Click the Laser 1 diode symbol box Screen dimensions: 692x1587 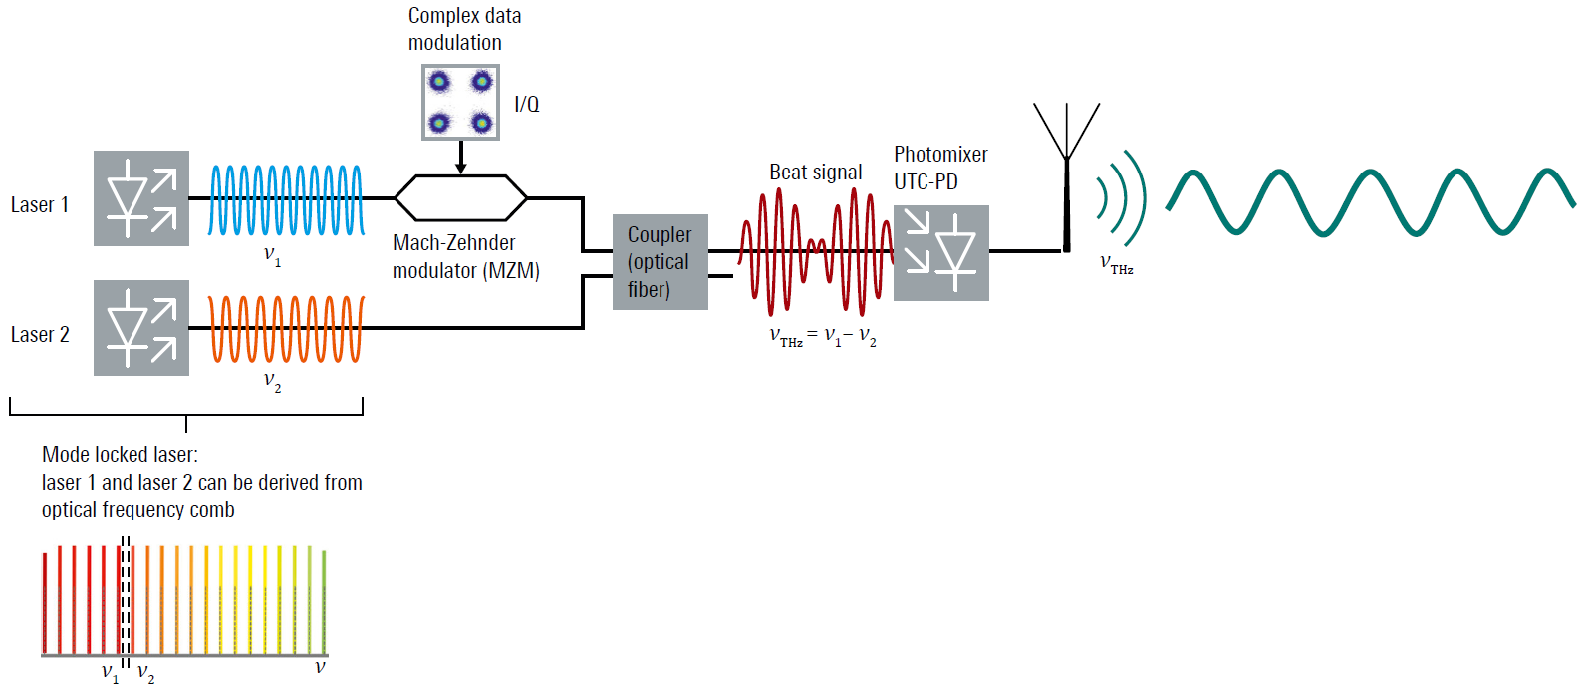141,198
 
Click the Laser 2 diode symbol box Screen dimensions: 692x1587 141,328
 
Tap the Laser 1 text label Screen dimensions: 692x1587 40,205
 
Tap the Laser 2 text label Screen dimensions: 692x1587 40,335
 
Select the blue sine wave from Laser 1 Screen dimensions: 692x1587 286,199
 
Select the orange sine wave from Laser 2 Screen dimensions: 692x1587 286,328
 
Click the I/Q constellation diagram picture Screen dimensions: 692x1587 460,102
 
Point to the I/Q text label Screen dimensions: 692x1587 527,104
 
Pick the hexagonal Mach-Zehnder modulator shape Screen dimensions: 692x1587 460,198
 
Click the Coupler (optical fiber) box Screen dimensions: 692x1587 660,262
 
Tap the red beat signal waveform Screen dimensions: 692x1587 815,249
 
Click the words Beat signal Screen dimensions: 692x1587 815,173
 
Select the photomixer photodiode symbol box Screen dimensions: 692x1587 941,253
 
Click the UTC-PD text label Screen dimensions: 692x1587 926,182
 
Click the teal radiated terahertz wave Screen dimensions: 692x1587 1370,202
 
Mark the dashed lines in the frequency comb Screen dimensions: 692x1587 126,598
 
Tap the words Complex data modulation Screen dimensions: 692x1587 464,29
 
